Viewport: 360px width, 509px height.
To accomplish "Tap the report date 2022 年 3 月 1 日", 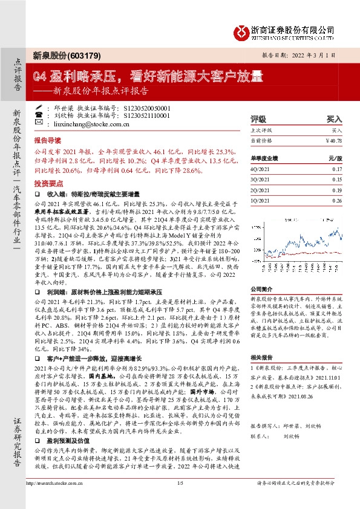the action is tap(325, 55).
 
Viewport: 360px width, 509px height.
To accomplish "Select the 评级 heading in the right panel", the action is tap(258, 120).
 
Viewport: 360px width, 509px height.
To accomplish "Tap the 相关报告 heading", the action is tap(260, 358).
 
